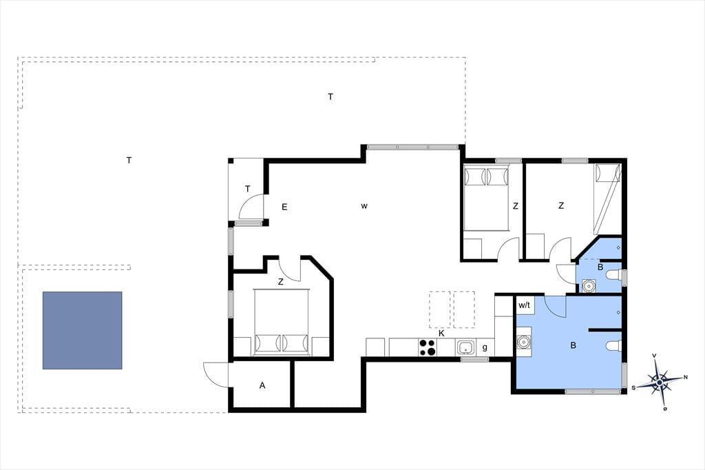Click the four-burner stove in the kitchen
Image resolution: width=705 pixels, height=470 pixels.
[x=428, y=347]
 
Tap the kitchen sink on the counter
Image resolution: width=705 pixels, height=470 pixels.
[x=465, y=347]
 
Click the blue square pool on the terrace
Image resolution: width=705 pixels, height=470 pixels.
[x=83, y=330]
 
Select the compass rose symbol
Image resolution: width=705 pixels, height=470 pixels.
[x=659, y=382]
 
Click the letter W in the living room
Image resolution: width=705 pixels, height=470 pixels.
[x=364, y=206]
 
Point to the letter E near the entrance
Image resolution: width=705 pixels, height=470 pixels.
[x=284, y=207]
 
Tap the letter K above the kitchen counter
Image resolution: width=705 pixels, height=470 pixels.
[x=441, y=333]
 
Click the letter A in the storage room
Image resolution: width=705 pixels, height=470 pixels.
[x=262, y=385]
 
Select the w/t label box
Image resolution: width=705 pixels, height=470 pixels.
[x=524, y=305]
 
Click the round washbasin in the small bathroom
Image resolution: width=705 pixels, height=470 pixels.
[x=589, y=285]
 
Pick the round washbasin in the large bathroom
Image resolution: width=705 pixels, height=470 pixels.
[x=523, y=342]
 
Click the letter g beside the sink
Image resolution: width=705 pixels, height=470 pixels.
[x=485, y=347]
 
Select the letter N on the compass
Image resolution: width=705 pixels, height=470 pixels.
[x=686, y=377]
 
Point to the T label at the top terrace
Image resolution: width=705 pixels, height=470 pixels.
[x=330, y=96]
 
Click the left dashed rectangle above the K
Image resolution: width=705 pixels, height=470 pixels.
[x=440, y=309]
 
